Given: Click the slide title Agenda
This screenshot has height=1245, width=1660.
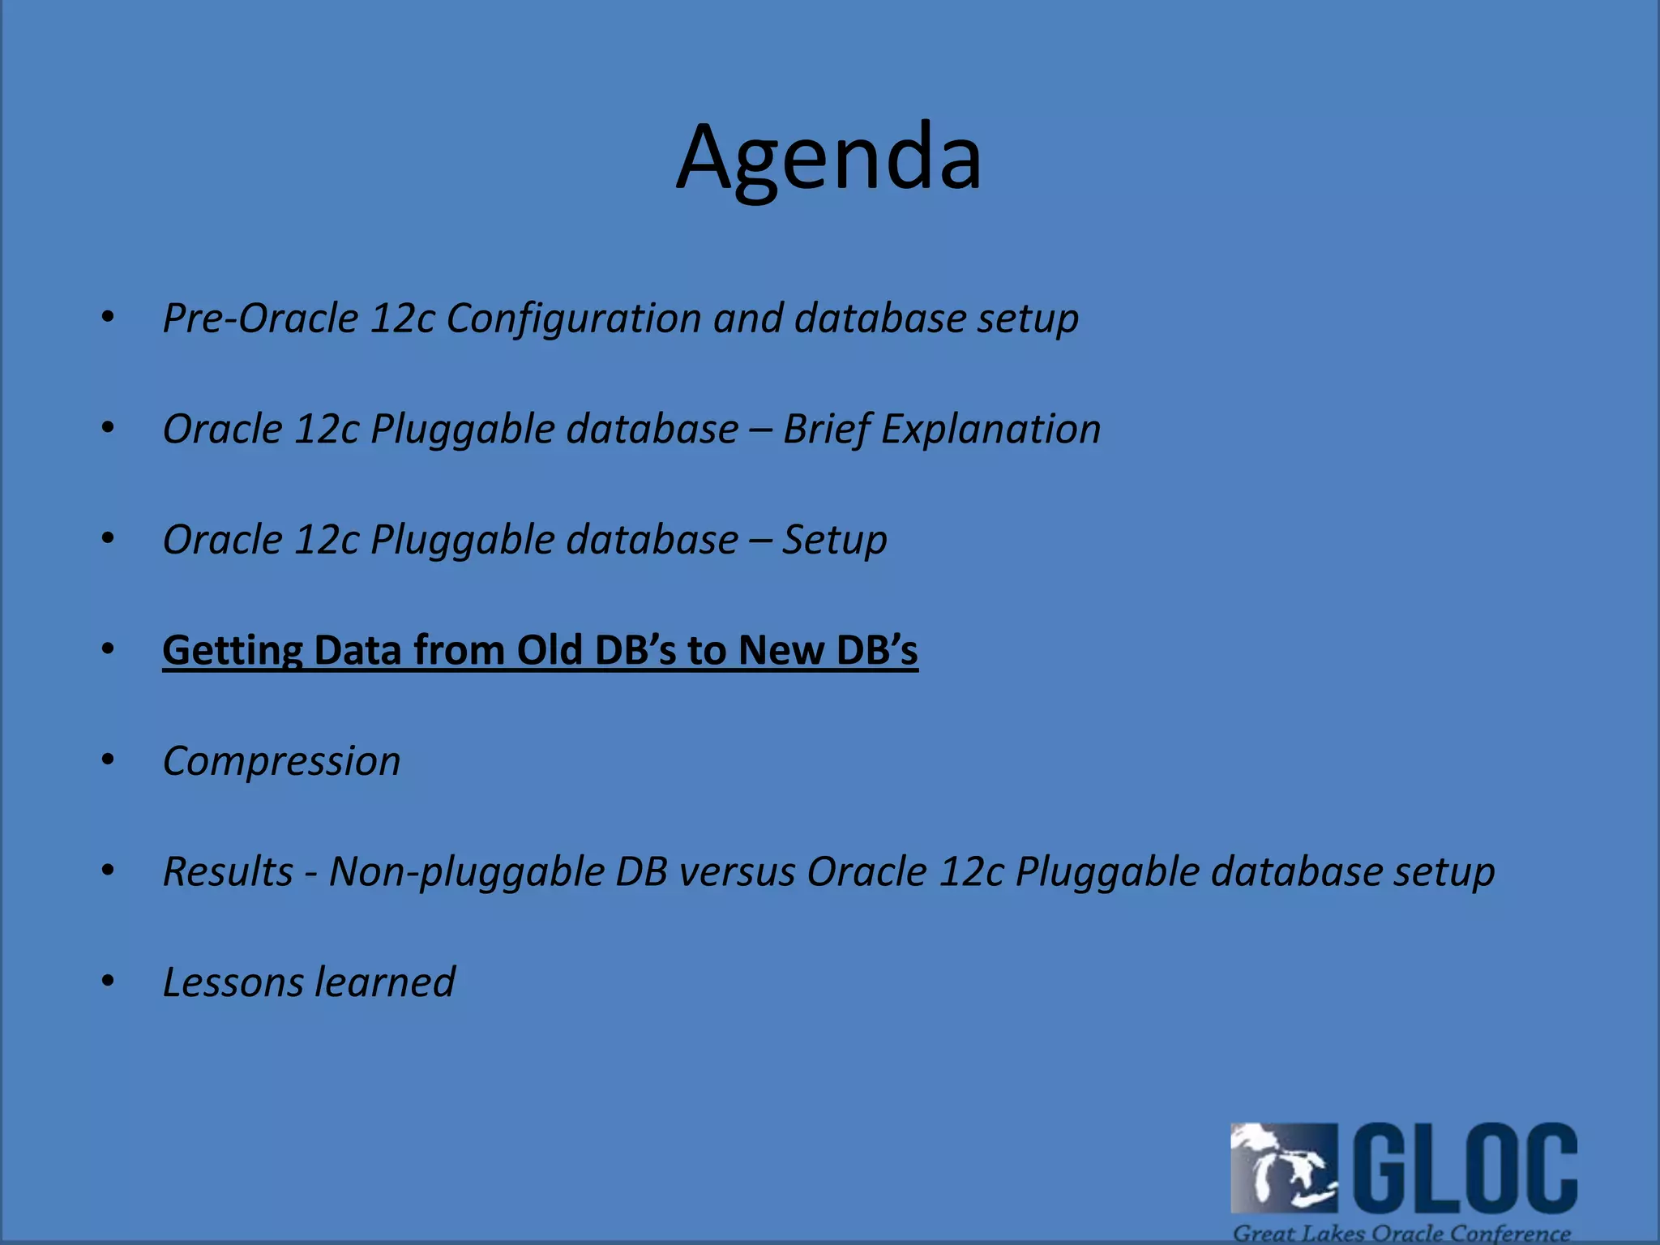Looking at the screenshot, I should pos(829,158).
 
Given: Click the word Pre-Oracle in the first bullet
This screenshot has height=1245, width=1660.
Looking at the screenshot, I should pos(259,318).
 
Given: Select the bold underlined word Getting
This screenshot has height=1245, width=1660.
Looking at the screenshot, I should pos(232,651).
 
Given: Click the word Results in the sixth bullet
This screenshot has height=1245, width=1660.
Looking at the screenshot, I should pos(228,872).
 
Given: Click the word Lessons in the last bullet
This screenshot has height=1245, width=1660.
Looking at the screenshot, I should pos(233,982).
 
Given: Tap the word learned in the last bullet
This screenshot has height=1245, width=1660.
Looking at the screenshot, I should pos(385,982).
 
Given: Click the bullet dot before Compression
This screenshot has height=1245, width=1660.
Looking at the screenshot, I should pos(108,759).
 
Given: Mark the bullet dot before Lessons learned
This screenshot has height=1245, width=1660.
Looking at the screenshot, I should pos(108,981).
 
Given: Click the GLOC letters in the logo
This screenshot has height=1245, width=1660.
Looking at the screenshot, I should pos(1465,1167).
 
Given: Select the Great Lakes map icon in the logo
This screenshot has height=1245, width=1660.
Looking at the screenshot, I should pos(1283,1167).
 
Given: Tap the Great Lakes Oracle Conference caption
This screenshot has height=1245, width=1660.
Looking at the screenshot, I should pos(1401,1233).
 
